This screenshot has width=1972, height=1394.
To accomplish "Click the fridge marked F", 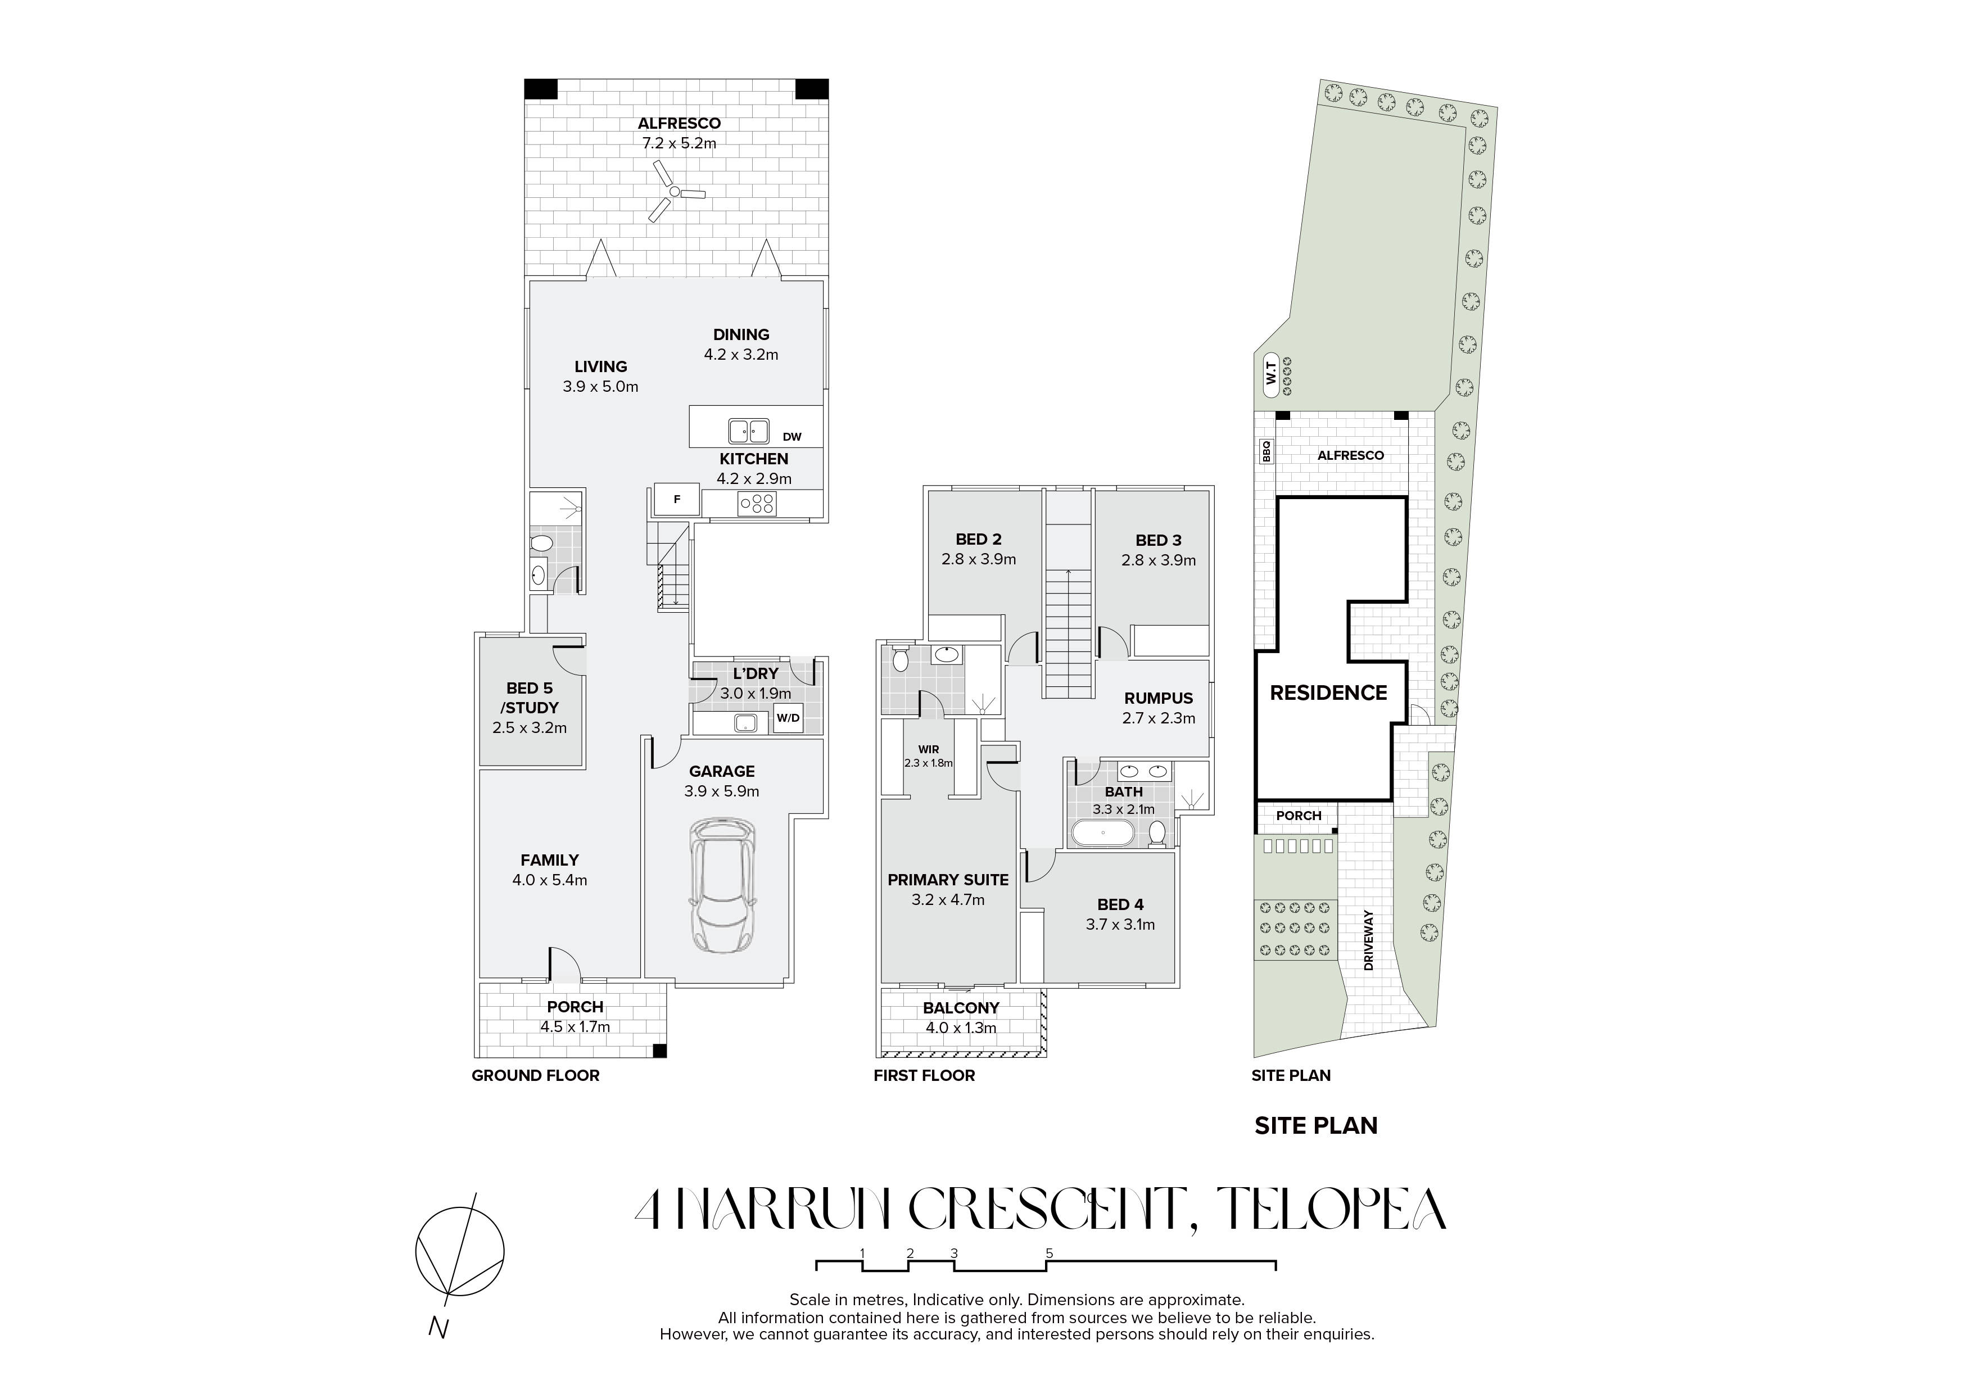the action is pyautogui.click(x=677, y=499).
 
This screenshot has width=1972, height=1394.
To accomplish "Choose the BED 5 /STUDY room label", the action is pyautogui.click(x=530, y=698).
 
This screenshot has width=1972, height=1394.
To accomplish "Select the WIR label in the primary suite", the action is pyautogui.click(x=929, y=750).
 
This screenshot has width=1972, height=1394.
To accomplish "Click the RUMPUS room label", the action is pyautogui.click(x=1159, y=698).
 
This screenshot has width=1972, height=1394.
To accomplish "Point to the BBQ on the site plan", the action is pyautogui.click(x=1265, y=452).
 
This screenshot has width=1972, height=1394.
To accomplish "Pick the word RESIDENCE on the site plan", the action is pyautogui.click(x=1329, y=693).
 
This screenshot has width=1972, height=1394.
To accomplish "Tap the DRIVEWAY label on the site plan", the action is pyautogui.click(x=1369, y=940).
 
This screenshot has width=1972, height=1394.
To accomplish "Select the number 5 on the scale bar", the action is pyautogui.click(x=1050, y=1253).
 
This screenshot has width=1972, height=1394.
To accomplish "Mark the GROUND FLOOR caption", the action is pyautogui.click(x=536, y=1075).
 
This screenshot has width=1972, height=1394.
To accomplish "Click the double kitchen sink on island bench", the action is pyautogui.click(x=749, y=431).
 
